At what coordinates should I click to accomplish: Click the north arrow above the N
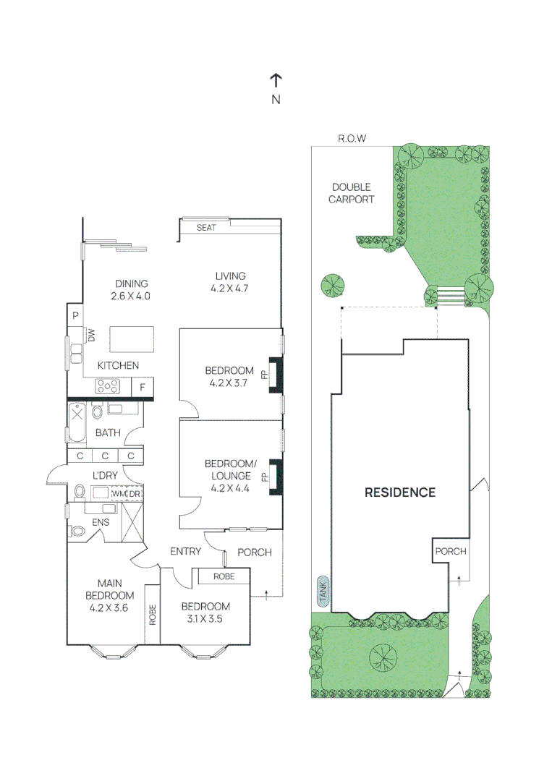tap(276, 80)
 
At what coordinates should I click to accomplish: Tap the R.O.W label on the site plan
tap(352, 138)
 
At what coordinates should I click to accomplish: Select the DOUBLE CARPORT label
tap(352, 193)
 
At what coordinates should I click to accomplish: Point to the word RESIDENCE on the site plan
tap(399, 492)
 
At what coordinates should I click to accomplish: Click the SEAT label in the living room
tap(205, 228)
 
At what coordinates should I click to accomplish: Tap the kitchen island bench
tap(132, 338)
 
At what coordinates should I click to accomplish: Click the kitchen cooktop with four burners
tap(108, 387)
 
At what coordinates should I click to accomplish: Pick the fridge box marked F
tap(143, 388)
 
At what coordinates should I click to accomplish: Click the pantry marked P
tap(75, 315)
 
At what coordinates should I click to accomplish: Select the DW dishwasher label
tap(91, 336)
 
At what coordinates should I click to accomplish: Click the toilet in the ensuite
tap(77, 531)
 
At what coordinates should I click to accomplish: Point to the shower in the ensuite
tap(132, 521)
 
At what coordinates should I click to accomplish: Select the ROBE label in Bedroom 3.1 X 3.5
tap(223, 576)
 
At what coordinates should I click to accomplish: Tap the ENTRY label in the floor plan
tap(185, 552)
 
